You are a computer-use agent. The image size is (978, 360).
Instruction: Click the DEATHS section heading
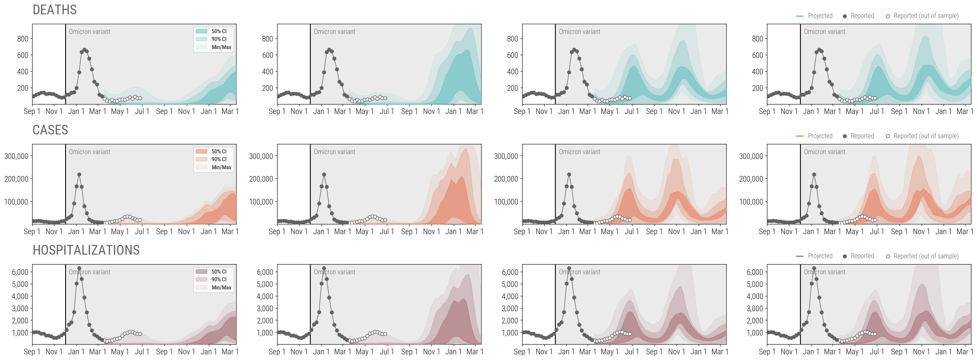55,10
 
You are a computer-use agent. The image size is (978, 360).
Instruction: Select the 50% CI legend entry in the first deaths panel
219,31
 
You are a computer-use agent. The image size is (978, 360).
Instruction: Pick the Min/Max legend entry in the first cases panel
221,167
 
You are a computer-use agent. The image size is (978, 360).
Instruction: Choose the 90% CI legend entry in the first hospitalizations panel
219,279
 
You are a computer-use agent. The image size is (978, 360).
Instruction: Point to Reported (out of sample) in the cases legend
925,136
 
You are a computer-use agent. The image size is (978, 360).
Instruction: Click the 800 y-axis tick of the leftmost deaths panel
23,39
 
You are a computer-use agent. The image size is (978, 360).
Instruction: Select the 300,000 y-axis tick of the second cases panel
261,156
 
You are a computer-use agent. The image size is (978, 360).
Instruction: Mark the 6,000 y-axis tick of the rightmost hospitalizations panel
755,272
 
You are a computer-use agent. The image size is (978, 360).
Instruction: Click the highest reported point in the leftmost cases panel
79,175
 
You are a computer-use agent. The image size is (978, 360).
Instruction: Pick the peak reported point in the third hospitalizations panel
569,268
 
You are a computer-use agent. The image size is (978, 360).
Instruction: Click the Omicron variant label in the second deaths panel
334,32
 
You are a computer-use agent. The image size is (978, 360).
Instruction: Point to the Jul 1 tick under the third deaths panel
632,111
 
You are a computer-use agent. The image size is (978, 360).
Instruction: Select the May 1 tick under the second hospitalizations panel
365,352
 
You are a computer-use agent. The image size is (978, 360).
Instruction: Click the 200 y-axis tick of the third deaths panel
512,88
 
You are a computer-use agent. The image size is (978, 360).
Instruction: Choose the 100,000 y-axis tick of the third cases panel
506,202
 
